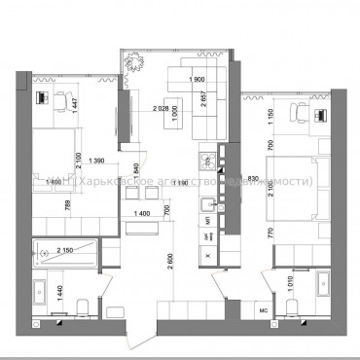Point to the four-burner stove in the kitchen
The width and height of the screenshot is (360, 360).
[206, 161]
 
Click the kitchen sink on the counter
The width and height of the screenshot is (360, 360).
[207, 205]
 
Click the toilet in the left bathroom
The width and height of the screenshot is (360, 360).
[83, 305]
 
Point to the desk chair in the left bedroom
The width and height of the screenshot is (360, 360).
[43, 97]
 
